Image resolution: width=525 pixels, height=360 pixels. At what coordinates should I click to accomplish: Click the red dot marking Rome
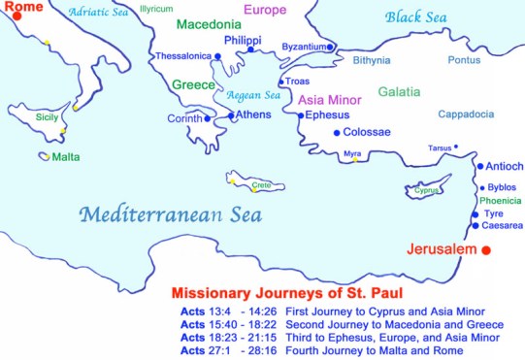tap(16, 17)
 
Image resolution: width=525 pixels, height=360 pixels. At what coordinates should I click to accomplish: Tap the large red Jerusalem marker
tap(487, 250)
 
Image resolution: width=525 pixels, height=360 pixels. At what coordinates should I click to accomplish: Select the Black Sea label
tap(417, 16)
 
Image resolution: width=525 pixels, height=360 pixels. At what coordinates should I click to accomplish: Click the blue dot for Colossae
tap(336, 132)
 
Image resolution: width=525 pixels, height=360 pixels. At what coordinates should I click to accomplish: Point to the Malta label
tap(66, 156)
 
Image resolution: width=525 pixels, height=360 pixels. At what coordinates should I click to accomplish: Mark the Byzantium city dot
tap(330, 47)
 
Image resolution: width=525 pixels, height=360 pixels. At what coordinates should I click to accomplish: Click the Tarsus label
tap(440, 148)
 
